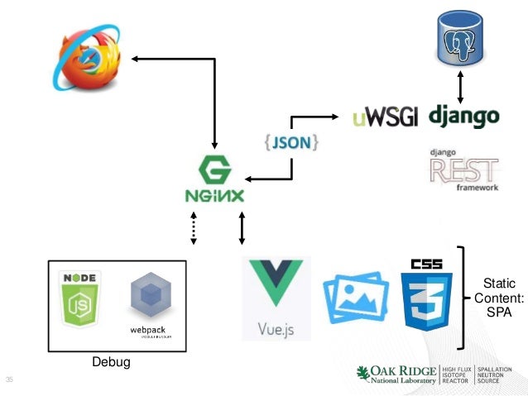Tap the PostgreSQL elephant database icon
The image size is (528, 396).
460,39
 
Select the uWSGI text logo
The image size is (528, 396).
385,117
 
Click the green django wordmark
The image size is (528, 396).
464,115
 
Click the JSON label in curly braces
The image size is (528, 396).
292,142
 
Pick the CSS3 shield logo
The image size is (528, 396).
426,293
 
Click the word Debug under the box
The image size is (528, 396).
111,363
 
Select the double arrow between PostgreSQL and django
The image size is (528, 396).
460,85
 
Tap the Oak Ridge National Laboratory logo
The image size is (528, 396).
434,373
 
